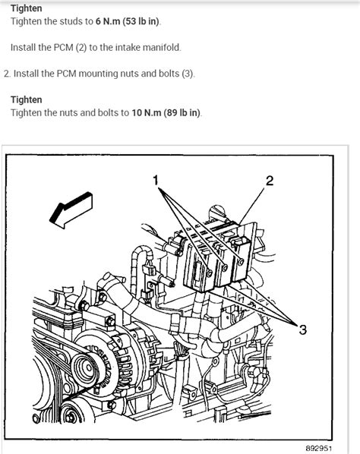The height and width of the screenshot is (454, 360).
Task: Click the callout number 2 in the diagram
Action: [269, 180]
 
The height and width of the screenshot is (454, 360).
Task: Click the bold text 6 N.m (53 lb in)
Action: [122, 21]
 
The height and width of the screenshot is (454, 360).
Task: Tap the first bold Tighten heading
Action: [27, 8]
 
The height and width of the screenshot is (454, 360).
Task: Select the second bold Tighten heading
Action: [27, 99]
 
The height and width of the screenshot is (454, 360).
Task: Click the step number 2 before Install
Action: [7, 74]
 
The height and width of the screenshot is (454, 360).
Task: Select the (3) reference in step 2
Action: [188, 74]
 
